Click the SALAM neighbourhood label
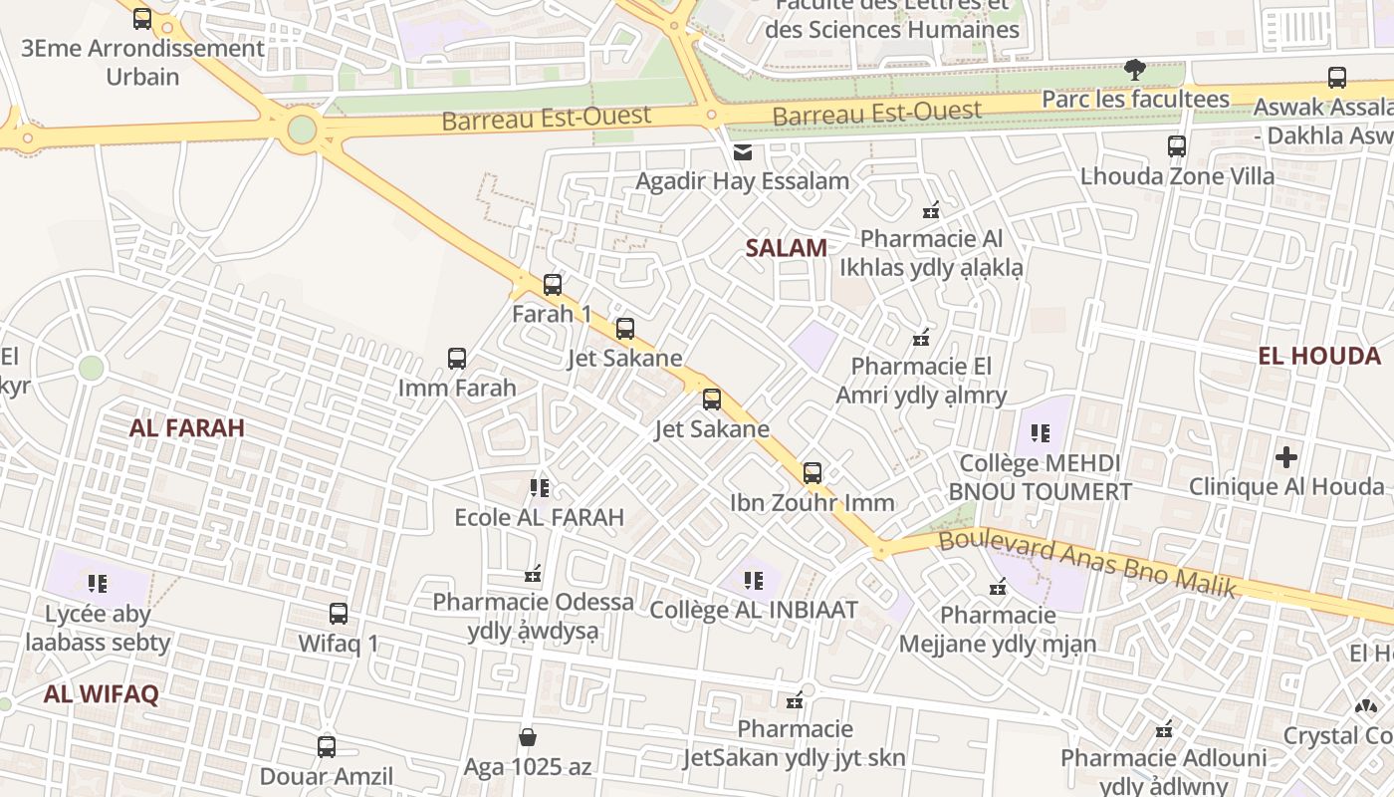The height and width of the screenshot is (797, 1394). click(x=786, y=248)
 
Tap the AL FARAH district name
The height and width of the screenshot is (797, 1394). click(x=186, y=428)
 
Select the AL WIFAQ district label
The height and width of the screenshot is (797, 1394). click(x=101, y=694)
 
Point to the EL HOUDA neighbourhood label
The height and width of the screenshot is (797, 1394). click(x=1318, y=356)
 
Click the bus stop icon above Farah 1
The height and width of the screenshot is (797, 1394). click(x=553, y=285)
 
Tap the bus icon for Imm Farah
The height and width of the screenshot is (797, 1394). click(x=457, y=359)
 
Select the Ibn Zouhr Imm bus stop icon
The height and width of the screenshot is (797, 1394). click(x=813, y=473)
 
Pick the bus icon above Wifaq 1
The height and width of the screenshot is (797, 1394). click(x=339, y=614)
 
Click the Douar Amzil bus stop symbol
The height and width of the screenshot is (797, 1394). click(x=326, y=746)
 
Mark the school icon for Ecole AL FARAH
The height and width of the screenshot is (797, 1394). click(x=540, y=488)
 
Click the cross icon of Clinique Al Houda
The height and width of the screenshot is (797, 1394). click(x=1286, y=457)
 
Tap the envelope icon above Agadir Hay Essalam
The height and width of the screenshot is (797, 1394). click(x=743, y=152)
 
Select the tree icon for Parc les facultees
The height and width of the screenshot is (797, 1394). click(x=1134, y=70)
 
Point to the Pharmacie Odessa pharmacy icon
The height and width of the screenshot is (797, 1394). click(x=533, y=574)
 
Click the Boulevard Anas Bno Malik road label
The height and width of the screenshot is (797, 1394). click(x=1087, y=564)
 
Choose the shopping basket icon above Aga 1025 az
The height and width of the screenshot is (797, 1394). click(x=528, y=737)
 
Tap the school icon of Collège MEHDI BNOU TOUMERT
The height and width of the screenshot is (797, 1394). click(x=1041, y=433)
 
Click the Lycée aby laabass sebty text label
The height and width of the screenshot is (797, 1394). click(x=98, y=628)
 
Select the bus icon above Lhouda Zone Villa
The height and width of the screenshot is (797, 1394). click(x=1177, y=146)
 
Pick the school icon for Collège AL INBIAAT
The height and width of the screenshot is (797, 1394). click(x=754, y=580)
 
